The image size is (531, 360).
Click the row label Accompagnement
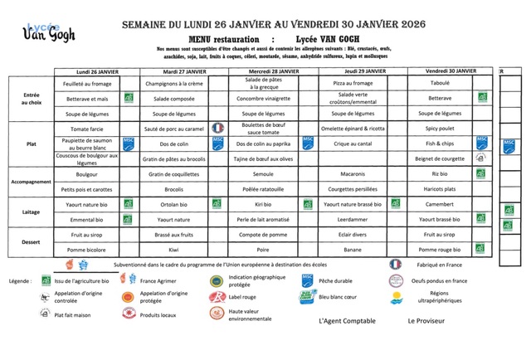point(32,182)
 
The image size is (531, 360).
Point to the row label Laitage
point(32,212)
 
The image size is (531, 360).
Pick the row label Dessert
point(32,241)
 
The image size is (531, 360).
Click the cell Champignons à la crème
point(173,84)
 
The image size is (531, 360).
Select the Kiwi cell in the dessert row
point(173,249)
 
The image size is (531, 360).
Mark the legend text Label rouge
point(243,296)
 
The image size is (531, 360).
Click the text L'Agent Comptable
point(347,321)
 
